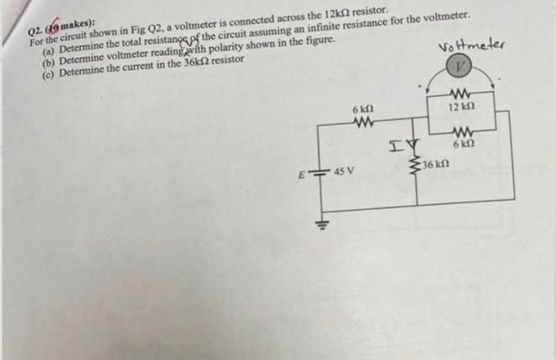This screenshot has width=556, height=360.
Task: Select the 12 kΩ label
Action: (461, 106)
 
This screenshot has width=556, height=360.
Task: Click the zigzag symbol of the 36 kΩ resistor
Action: (413, 164)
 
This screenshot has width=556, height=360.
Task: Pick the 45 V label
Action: (344, 171)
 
